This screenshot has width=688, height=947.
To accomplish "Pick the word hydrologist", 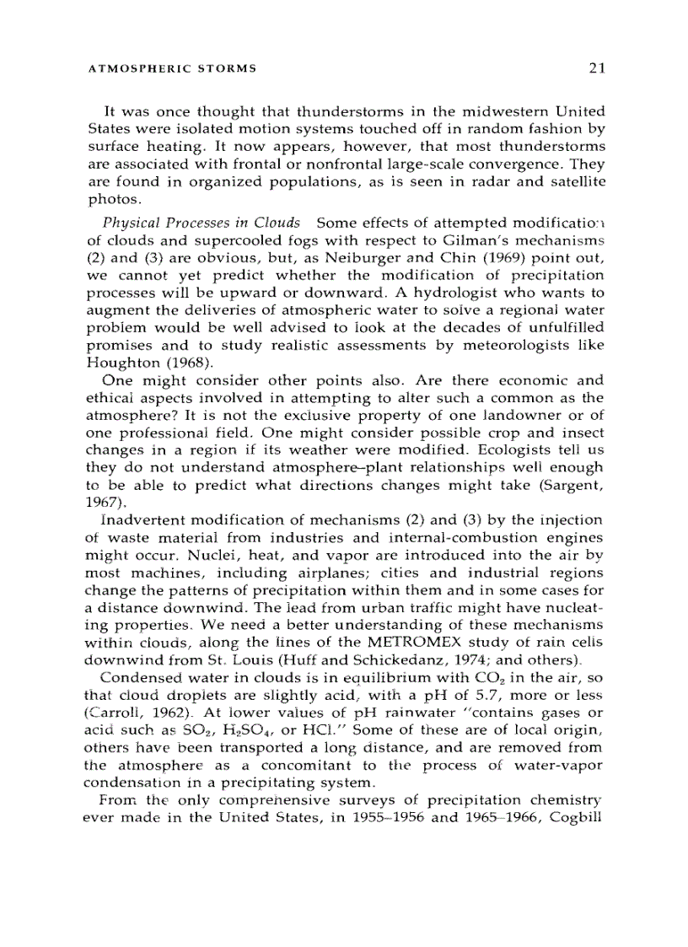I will [441, 293].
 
